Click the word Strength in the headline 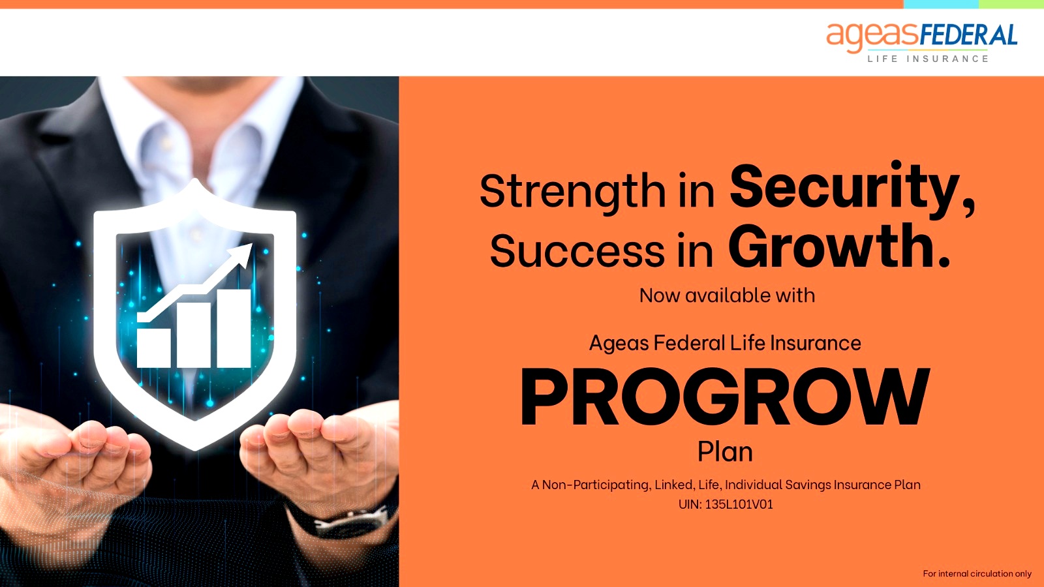click(572, 191)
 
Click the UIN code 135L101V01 click(739, 505)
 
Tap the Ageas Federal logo click(922, 42)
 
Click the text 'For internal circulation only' click(977, 573)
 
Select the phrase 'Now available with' click(727, 295)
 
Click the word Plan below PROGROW click(725, 452)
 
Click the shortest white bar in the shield click(154, 348)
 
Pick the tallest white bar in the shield click(234, 329)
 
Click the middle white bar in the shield click(193, 335)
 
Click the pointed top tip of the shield click(195, 179)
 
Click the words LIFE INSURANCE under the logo click(928, 59)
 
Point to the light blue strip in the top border click(941, 4)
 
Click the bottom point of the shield click(195, 449)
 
